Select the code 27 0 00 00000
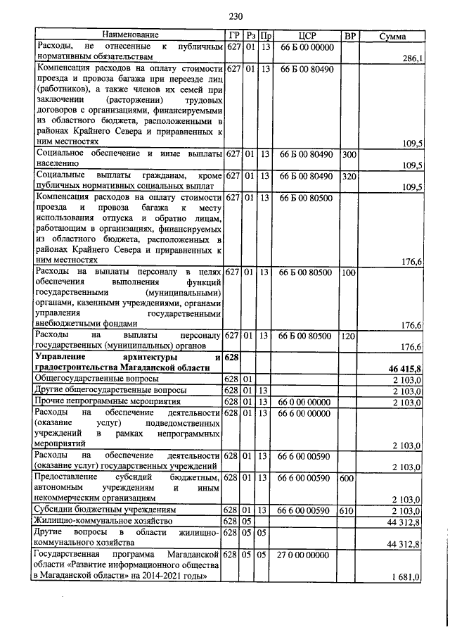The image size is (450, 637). (306, 555)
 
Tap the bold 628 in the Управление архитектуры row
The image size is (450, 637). (232, 359)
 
